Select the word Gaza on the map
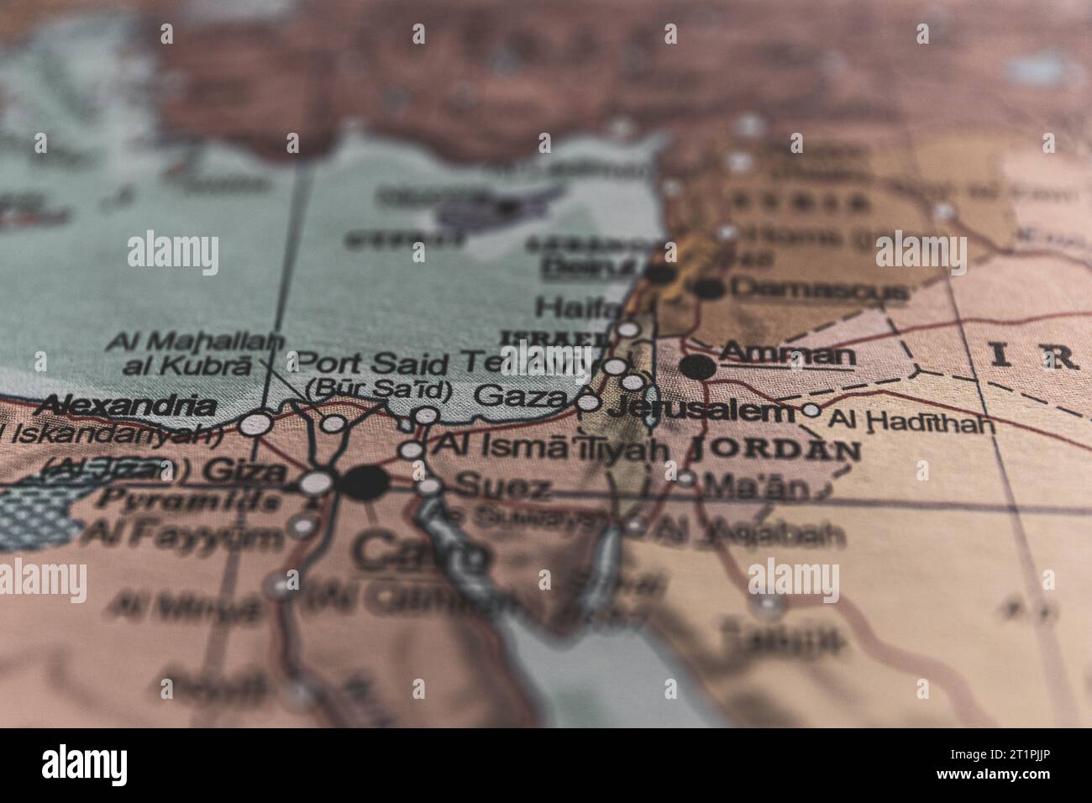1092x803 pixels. coord(520,396)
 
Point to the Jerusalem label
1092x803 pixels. coord(700,411)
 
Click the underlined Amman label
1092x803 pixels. coord(787,354)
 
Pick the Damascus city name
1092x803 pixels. coord(819,289)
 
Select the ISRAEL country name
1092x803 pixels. coord(554,338)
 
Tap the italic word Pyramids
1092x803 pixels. coord(189,501)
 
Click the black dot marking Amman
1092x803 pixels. coord(698,366)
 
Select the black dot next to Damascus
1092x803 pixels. coord(710,288)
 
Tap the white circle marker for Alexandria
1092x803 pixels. coord(255,423)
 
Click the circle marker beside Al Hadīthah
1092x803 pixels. coord(811,410)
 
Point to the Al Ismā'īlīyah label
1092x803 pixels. coord(550,448)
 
